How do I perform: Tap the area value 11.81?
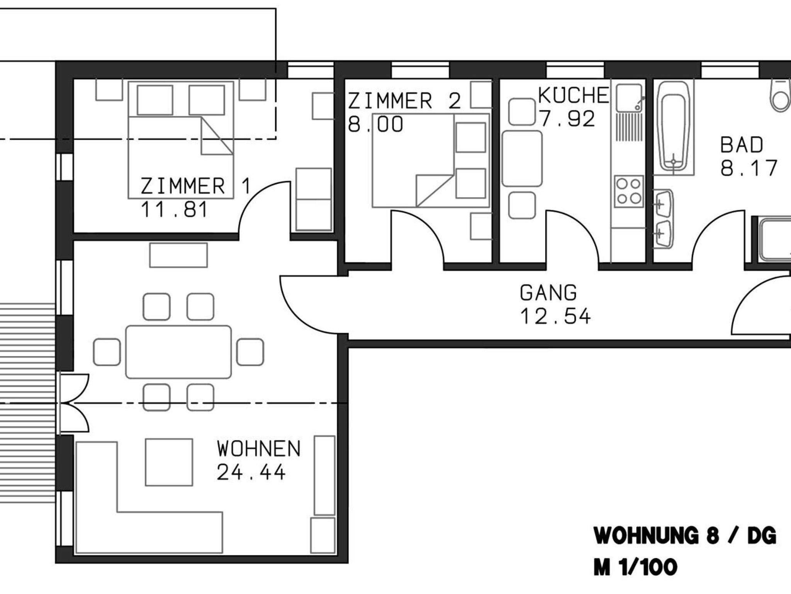tap(174, 210)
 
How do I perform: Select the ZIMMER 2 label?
tap(404, 101)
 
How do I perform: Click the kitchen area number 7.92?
tap(567, 119)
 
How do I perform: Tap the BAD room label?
tap(742, 145)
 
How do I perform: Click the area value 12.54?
tap(555, 316)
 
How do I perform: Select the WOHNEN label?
tap(258, 449)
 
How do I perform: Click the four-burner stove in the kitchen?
tap(629, 192)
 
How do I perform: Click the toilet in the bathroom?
tap(780, 95)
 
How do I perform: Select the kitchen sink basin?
tap(629, 98)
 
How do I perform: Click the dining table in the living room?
tap(178, 352)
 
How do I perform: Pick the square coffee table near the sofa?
tap(169, 462)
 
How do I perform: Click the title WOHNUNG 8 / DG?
tap(685, 536)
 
